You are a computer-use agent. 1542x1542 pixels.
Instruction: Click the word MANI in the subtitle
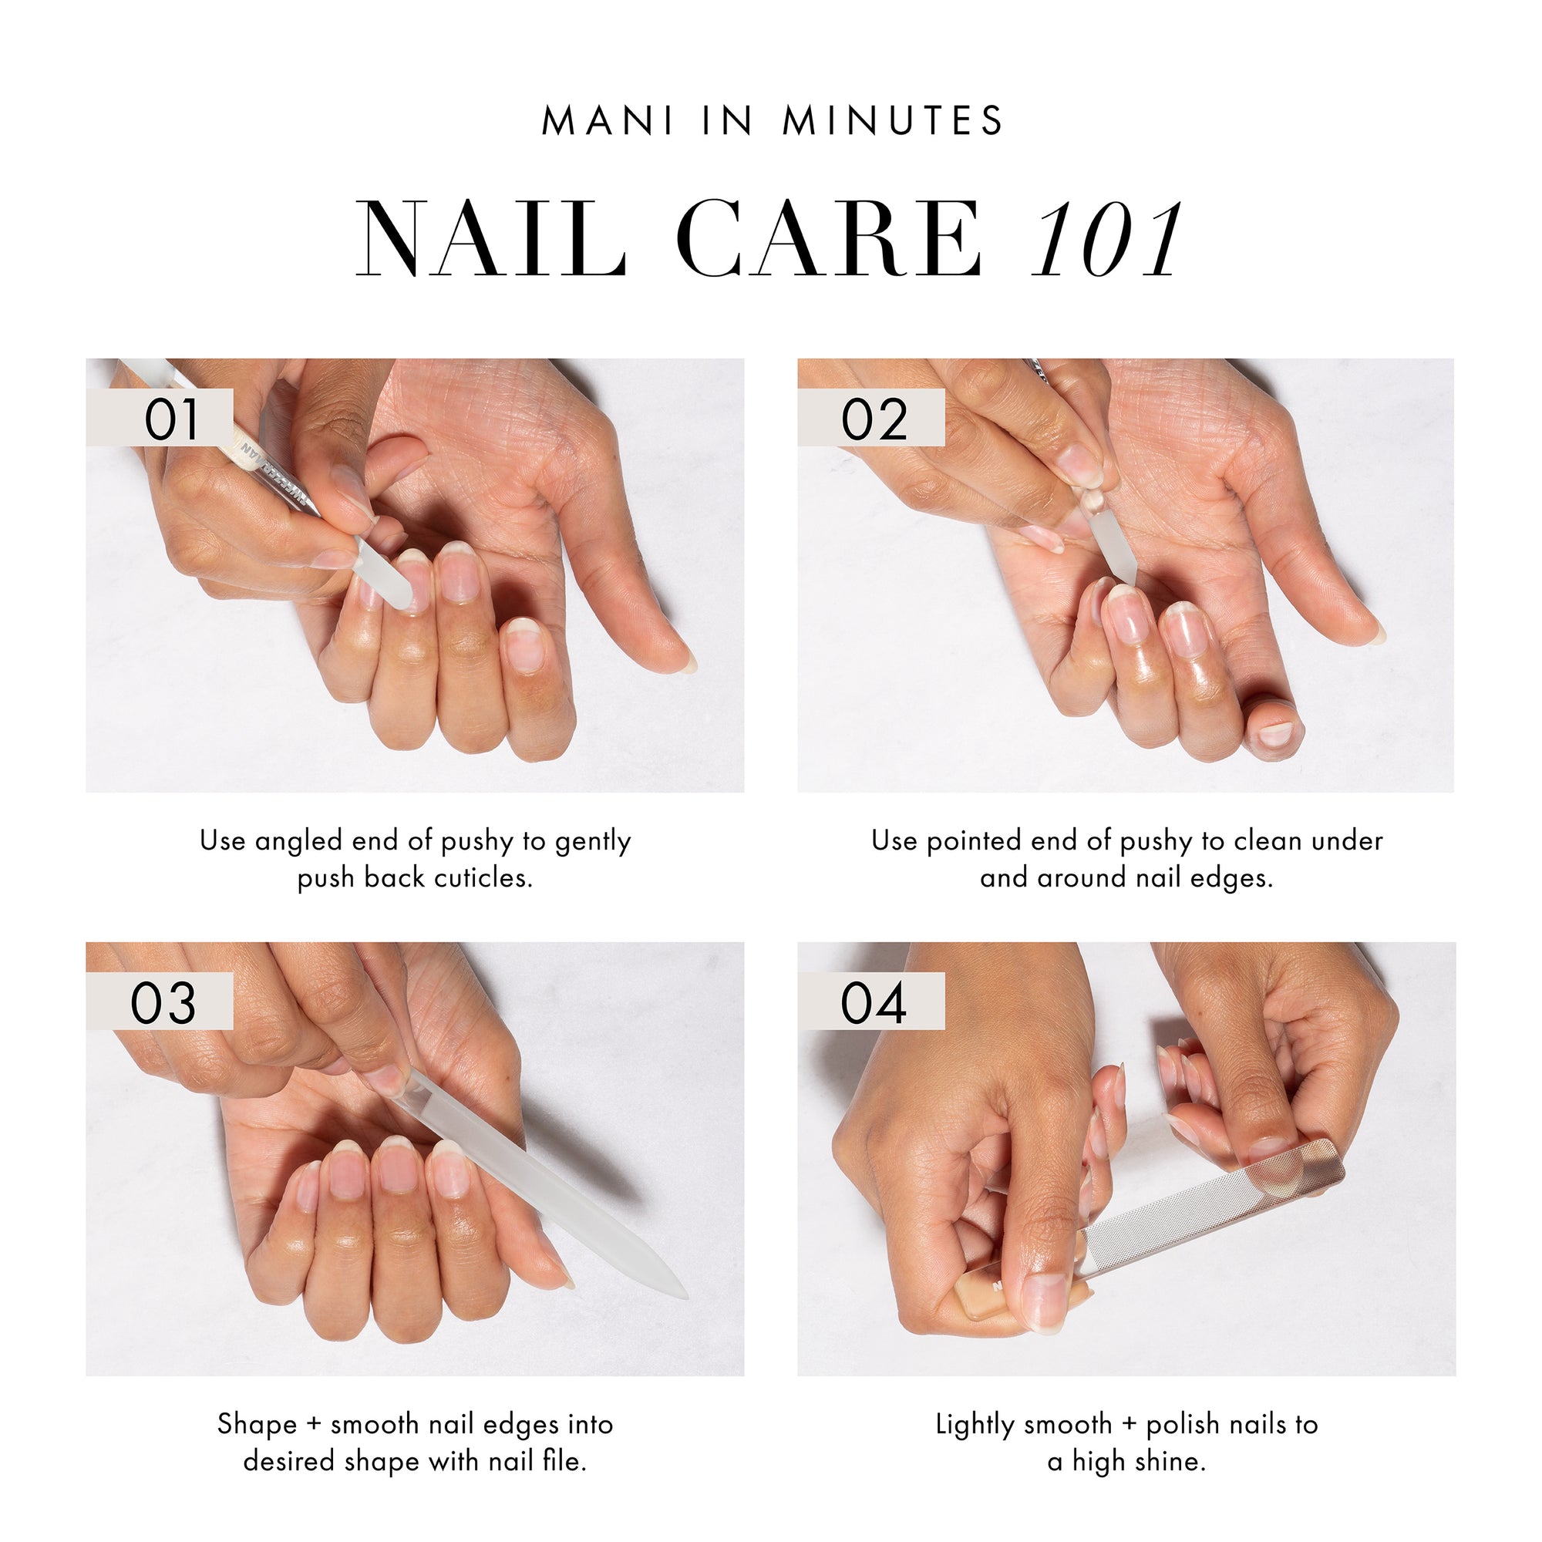pyautogui.click(x=608, y=122)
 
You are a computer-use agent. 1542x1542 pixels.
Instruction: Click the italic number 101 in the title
pyautogui.click(x=1105, y=240)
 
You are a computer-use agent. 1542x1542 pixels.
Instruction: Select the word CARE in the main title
pyautogui.click(x=831, y=240)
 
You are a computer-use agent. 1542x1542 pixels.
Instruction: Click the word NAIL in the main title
pyautogui.click(x=490, y=240)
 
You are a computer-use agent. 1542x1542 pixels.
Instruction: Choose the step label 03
pyautogui.click(x=163, y=1003)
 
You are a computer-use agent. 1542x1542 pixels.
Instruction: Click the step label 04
pyautogui.click(x=874, y=1003)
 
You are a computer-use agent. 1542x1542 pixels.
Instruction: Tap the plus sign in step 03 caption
pyautogui.click(x=314, y=1424)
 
